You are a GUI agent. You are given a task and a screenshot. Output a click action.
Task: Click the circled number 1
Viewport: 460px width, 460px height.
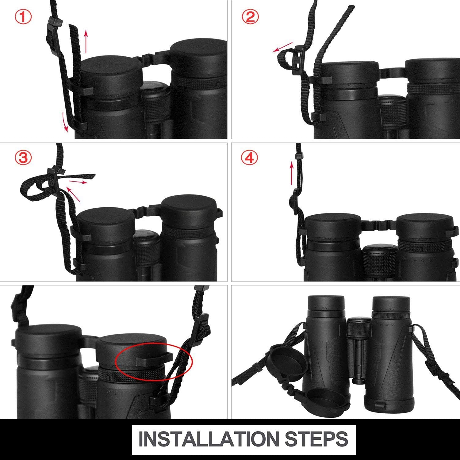coord(23,17)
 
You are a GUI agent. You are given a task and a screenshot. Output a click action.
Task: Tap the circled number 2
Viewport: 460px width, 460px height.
coord(250,17)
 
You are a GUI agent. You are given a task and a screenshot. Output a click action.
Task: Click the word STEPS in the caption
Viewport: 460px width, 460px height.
coord(316,439)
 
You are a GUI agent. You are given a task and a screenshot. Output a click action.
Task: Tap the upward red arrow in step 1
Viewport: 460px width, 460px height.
coord(86,41)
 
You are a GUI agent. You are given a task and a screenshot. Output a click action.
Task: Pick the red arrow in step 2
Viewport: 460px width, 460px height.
coord(282,47)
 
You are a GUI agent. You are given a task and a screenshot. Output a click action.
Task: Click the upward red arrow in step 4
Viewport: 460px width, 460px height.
coord(292,174)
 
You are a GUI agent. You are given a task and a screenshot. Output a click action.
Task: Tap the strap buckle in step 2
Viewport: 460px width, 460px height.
coord(297,59)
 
